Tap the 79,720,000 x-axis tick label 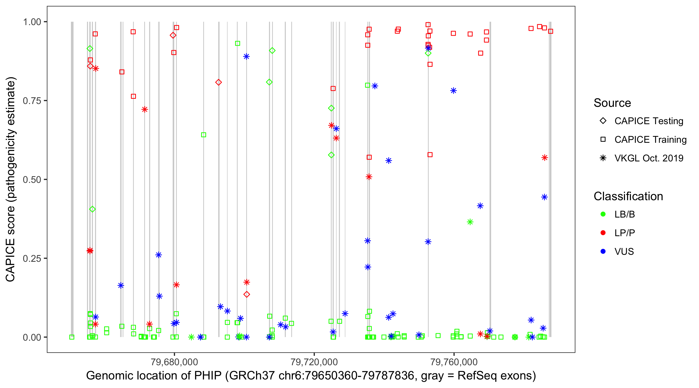point(314,362)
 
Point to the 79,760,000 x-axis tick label point(454,362)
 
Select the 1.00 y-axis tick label point(32,22)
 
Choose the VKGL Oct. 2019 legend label point(649,158)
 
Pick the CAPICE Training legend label point(650,140)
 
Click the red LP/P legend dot point(603,233)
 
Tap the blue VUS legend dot point(603,252)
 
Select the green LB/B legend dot point(603,214)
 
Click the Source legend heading point(612,103)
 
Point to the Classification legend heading point(628,196)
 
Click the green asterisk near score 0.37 point(470,222)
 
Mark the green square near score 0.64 point(203,135)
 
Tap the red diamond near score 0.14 point(246,294)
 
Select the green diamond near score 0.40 point(92,209)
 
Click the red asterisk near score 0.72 point(145,109)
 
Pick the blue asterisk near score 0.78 point(453,91)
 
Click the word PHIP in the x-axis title point(208,376)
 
